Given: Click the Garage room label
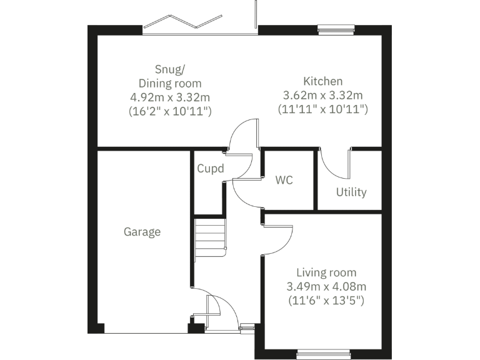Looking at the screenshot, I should [x=142, y=232].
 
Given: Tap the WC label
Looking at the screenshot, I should [x=284, y=180].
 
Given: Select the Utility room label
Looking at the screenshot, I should [x=351, y=192].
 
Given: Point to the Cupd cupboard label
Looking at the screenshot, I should [x=210, y=169].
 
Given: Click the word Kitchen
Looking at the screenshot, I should [x=323, y=81].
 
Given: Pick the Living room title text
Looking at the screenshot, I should [x=326, y=272].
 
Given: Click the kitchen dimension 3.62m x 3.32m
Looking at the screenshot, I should [x=323, y=95].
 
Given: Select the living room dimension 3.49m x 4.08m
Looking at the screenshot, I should [x=326, y=286].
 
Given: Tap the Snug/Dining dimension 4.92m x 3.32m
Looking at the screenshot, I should [x=170, y=97].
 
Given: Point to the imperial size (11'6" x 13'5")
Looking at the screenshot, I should [x=326, y=301].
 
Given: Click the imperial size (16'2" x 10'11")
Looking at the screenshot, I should [x=170, y=111].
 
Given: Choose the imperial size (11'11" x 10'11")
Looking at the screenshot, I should [x=323, y=109].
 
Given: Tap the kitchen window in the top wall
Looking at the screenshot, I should [x=336, y=28].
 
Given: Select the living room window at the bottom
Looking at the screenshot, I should [x=321, y=354].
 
